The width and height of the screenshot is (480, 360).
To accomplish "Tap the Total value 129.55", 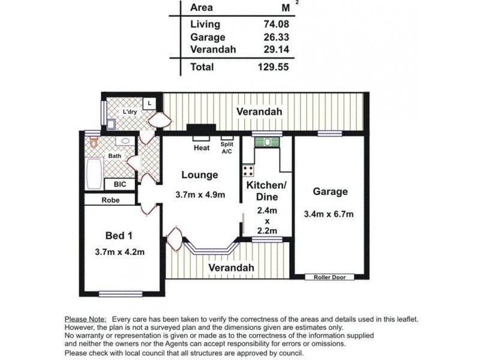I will click(x=274, y=67).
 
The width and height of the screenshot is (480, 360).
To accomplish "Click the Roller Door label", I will click(x=329, y=277).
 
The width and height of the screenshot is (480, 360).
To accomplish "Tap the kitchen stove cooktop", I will click(x=248, y=169).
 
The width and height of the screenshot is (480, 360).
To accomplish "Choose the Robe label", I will click(x=109, y=200).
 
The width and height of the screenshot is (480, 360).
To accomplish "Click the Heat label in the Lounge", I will click(x=201, y=148).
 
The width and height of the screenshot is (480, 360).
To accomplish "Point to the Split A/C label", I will click(x=227, y=148).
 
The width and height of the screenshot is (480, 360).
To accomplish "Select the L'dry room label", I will click(x=129, y=112).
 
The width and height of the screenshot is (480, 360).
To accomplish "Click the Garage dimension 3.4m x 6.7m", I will click(x=329, y=214).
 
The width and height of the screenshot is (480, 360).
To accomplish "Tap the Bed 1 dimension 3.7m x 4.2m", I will click(x=119, y=252).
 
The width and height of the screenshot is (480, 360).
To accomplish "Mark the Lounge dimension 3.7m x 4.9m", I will click(x=200, y=194).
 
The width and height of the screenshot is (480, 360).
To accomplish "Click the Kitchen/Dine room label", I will click(x=267, y=191).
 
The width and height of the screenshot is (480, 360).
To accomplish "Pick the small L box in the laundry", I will click(x=150, y=103).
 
